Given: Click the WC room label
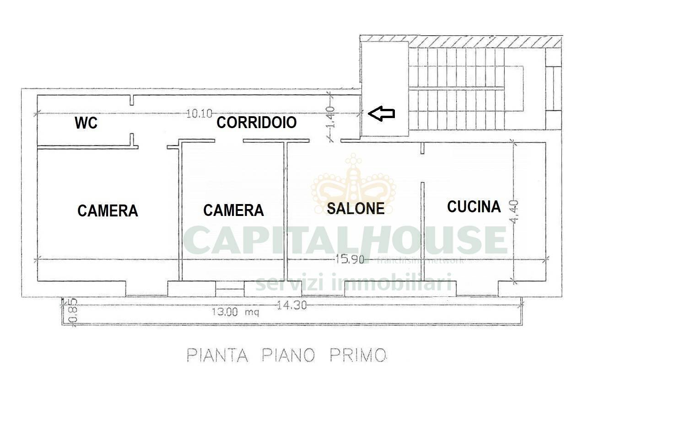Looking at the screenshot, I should (86, 123).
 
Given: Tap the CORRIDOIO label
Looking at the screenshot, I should (256, 123).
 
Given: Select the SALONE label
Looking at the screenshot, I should (356, 209).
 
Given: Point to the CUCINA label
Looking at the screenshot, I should (474, 207).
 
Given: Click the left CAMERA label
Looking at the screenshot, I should (108, 211).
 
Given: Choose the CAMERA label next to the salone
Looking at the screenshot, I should (233, 210).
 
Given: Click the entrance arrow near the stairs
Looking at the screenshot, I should (381, 113).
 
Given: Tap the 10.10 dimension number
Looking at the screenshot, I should (199, 113).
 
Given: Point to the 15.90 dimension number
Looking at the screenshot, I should (350, 259).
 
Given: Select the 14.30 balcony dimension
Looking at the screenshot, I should (291, 305).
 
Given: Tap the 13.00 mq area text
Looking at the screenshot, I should (235, 312).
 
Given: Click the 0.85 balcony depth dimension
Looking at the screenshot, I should (72, 312).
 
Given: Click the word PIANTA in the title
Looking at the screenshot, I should (217, 355).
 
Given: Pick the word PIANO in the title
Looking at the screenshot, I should (288, 355).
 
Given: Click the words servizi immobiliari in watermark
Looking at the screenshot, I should (353, 283).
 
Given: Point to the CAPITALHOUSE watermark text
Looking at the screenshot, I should (345, 240).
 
